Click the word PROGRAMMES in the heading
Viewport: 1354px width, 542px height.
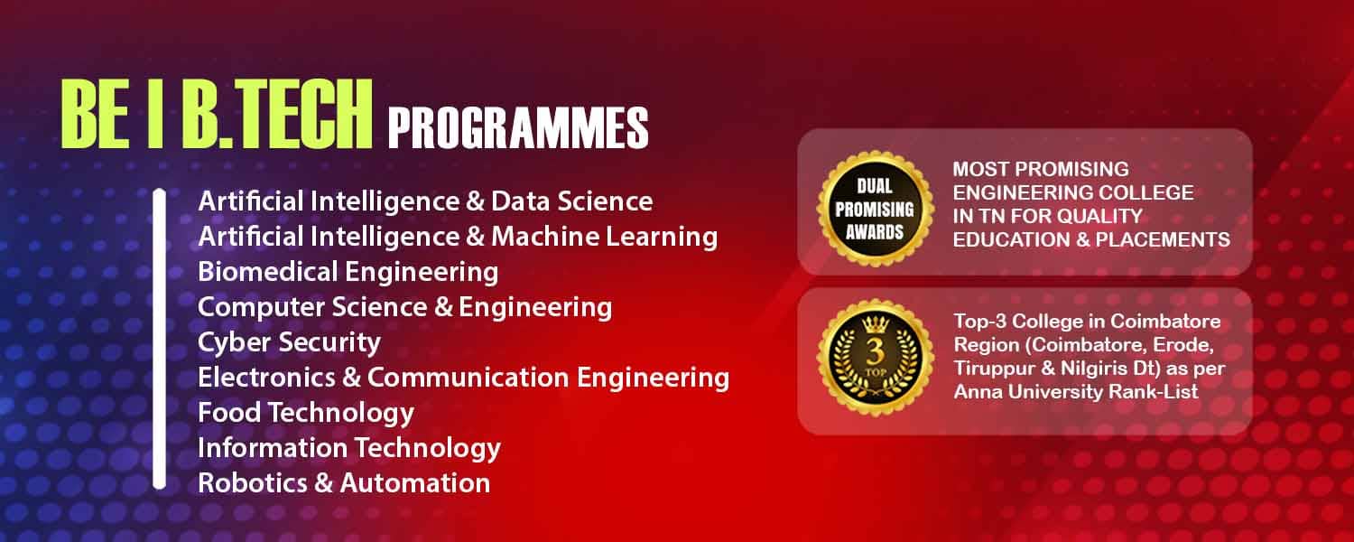coord(518,127)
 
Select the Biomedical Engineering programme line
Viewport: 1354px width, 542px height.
coord(348,272)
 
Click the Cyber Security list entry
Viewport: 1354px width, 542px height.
coord(289,343)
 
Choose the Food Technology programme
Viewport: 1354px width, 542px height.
coord(306,413)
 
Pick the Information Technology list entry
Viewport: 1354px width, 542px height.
coord(349,448)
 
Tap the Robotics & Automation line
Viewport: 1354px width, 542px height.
coord(344,482)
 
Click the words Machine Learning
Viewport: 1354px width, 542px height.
coord(605,237)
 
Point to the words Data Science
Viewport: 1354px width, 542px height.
coord(571,201)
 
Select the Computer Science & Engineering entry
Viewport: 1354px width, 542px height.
coord(405,307)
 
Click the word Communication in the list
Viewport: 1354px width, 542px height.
coord(468,378)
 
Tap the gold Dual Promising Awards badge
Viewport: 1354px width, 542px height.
coord(875,209)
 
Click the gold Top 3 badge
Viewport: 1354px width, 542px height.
coord(875,358)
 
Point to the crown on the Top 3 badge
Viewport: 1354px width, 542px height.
coord(876,324)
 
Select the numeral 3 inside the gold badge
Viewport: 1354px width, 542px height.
coord(876,351)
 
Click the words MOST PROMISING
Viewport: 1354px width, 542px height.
coord(1041,169)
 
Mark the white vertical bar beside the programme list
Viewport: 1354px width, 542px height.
coord(160,339)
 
